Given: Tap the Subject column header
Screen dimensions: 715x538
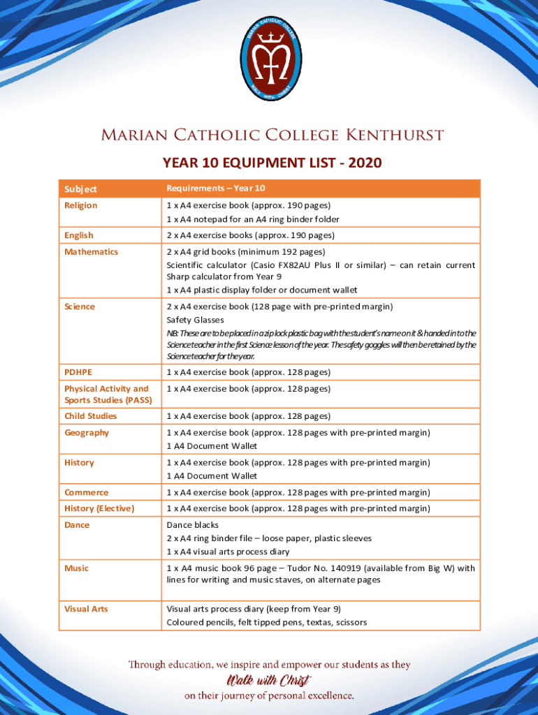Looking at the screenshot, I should [80, 189].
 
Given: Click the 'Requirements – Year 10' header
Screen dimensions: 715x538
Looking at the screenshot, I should [215, 189].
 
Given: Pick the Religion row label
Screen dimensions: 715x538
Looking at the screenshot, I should [81, 205].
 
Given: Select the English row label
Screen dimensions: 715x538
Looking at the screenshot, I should [79, 235].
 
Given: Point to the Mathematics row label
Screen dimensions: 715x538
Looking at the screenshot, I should [91, 252].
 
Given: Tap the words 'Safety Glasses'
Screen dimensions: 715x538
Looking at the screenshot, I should [195, 320].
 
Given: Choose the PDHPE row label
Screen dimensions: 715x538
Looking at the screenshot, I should [78, 372].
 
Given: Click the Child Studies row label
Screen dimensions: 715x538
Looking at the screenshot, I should [90, 416].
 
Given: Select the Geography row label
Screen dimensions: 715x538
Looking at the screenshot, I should [87, 433].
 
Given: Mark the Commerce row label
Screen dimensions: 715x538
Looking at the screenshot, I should [87, 493].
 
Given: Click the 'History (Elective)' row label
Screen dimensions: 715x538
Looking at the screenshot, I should [99, 509].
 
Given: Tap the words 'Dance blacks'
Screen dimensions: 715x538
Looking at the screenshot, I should [192, 525].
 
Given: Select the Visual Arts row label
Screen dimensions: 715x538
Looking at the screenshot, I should [86, 609].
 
